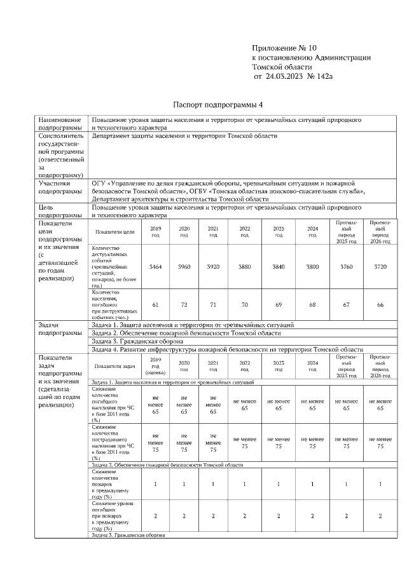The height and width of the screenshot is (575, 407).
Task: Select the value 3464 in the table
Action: (155, 267)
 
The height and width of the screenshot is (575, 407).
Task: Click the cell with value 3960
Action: (184, 267)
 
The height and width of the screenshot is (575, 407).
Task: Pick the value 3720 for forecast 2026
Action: (380, 267)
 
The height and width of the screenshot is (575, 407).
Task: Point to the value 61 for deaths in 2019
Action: (155, 306)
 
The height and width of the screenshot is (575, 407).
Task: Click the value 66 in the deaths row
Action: (380, 306)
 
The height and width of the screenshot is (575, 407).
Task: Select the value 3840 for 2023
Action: (279, 267)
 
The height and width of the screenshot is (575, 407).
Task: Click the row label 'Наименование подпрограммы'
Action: (60, 123)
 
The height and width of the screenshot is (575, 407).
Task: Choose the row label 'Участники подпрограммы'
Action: (59, 187)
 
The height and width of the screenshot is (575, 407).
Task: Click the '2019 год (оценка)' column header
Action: (155, 366)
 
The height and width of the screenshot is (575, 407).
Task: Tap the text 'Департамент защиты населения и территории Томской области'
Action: (184, 135)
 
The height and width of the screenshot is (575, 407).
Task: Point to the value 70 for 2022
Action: (244, 306)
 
